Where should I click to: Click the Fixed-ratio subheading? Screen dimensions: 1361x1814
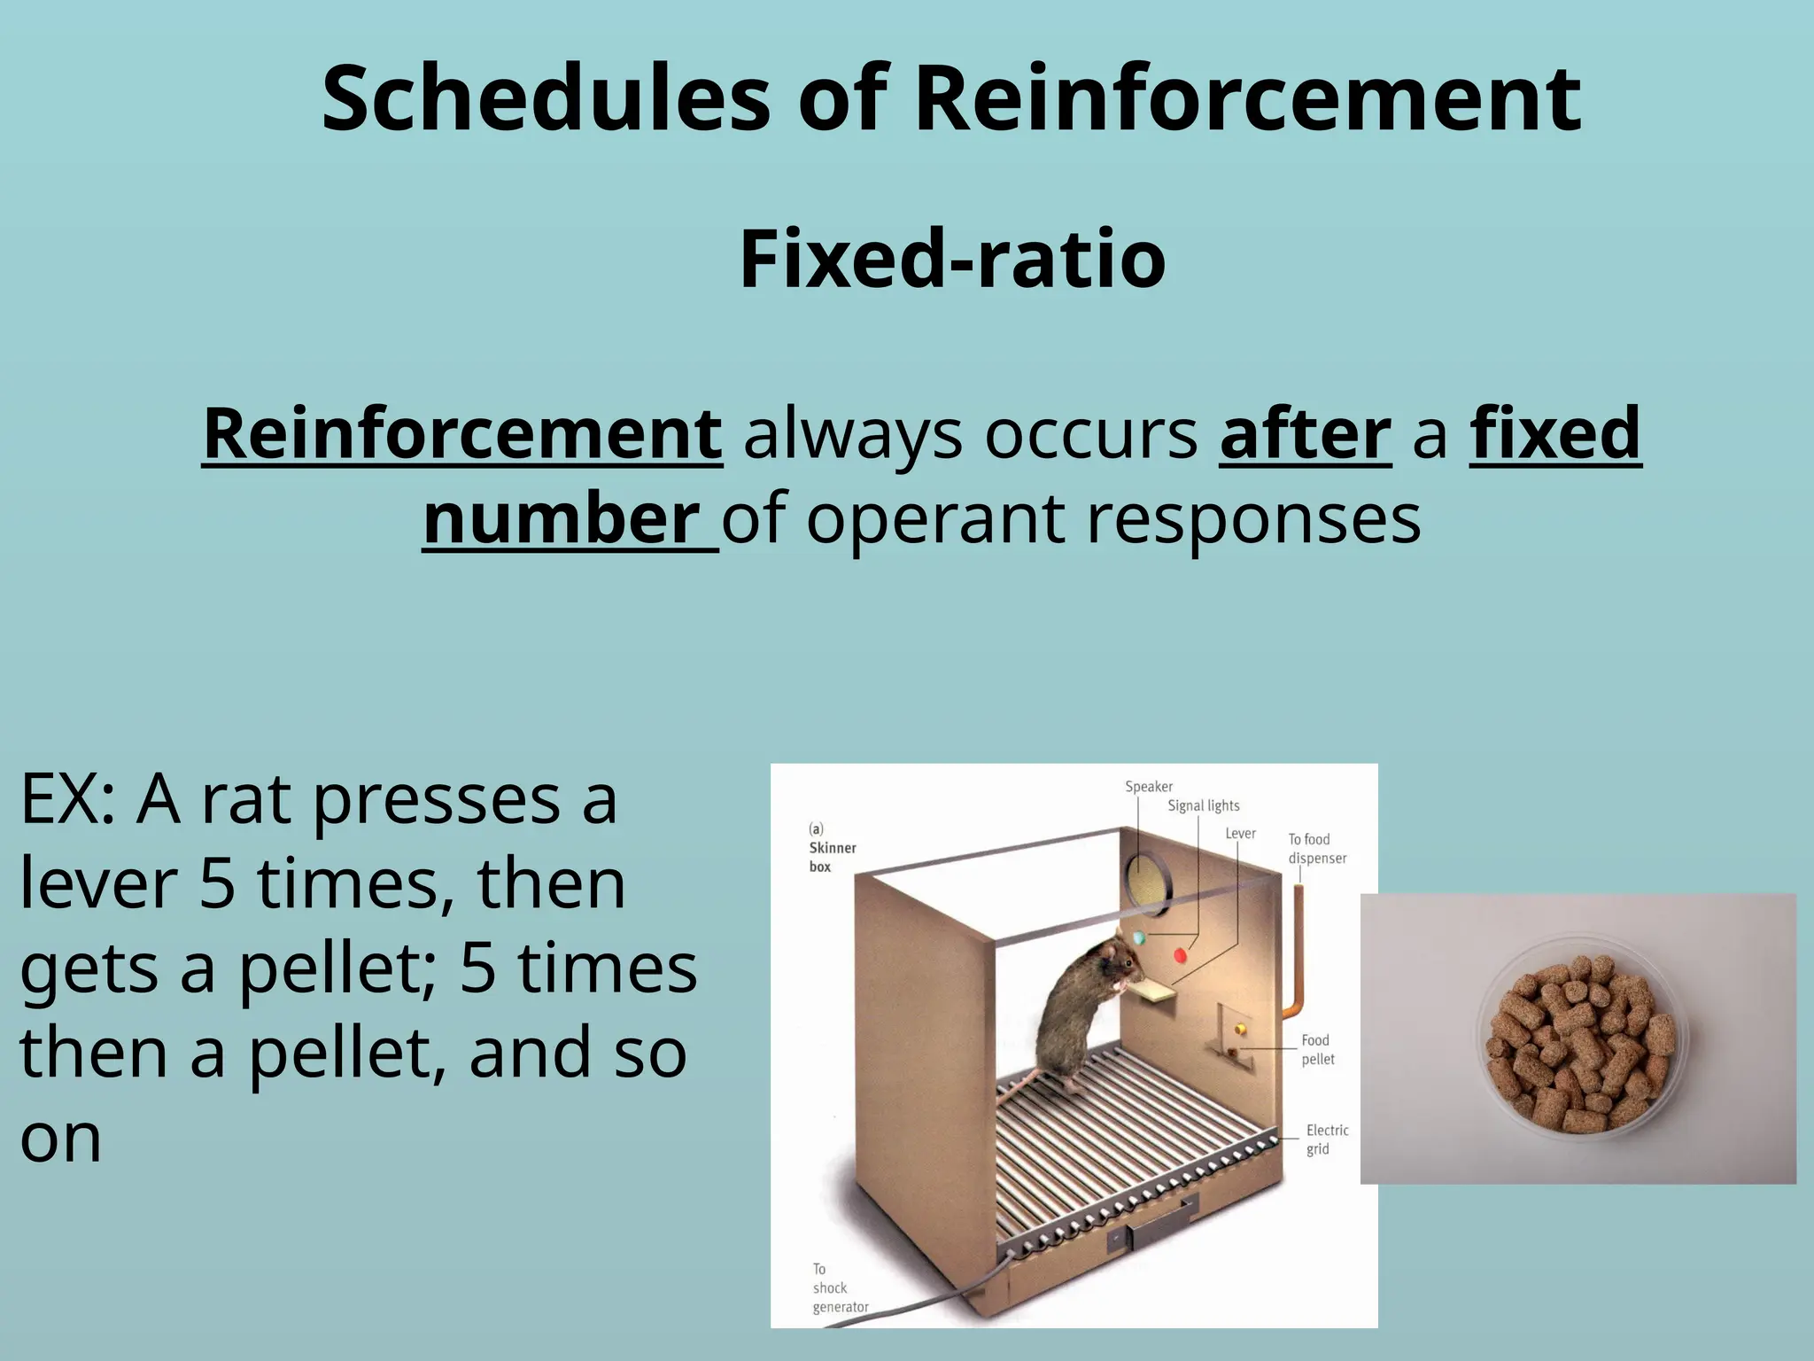click(952, 258)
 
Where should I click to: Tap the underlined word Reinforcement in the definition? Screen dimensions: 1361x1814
click(462, 433)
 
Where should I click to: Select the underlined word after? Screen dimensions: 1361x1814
click(1305, 433)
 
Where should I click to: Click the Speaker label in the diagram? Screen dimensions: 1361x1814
click(1148, 787)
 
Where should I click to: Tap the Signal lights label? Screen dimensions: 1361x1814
click(1203, 805)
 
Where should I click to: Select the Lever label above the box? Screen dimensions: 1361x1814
click(1240, 834)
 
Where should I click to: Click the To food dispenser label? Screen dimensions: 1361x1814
click(1316, 848)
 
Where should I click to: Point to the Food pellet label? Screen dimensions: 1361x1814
click(1316, 1049)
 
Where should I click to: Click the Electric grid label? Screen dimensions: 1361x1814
click(1326, 1139)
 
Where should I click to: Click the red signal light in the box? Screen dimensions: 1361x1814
click(1180, 955)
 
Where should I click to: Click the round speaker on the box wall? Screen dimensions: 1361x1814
click(1149, 883)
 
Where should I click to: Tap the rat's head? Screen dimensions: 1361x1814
click(1114, 959)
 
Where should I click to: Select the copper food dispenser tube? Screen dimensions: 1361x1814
click(1298, 948)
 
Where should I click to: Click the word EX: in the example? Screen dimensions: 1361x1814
click(67, 800)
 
